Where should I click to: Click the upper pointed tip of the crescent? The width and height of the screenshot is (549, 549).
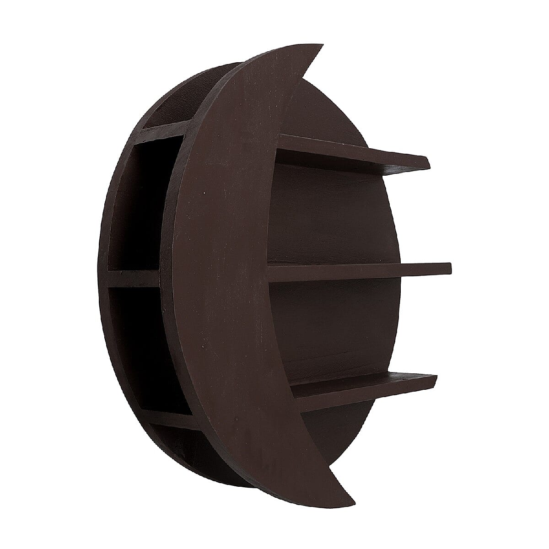click(320, 48)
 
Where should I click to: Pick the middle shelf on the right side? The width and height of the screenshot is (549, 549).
click(357, 271)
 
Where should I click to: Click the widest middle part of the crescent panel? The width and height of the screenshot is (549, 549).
click(220, 274)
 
